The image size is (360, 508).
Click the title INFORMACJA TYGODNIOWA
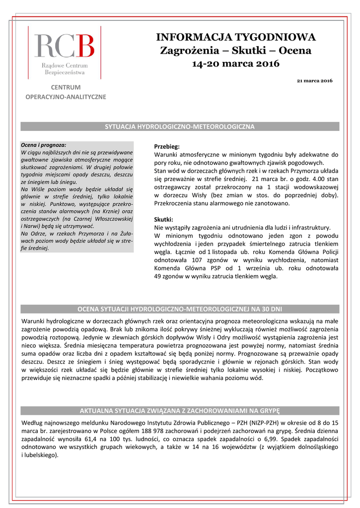236,37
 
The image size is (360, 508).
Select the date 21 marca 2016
314,80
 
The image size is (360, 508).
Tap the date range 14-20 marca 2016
236,63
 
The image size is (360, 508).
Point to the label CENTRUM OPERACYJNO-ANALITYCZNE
66,92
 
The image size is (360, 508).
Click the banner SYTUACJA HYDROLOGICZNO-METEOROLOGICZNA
180,127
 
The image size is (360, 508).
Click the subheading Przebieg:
167,147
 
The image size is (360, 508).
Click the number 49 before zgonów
159,276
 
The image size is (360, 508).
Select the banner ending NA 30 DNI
180,309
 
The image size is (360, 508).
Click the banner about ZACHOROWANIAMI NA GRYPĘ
180,411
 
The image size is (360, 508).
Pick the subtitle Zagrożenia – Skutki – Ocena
236,50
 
